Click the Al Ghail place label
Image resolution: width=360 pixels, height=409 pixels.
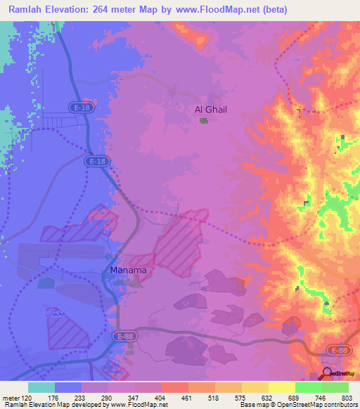point(210,110)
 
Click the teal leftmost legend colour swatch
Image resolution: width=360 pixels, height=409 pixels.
point(41,387)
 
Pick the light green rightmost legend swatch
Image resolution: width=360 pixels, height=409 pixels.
point(335,387)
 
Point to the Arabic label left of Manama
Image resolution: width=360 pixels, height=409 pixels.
point(57,311)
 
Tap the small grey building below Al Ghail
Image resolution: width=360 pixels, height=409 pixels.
point(204,121)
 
